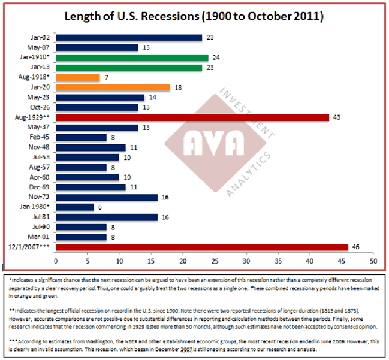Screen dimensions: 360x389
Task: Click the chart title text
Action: click(194, 16)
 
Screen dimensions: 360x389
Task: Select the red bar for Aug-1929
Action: click(192, 117)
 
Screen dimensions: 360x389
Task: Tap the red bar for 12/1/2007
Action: click(201, 247)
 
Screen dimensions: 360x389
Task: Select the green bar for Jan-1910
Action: click(132, 58)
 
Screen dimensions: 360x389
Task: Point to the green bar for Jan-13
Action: click(128, 68)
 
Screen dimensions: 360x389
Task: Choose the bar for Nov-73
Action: click(106, 197)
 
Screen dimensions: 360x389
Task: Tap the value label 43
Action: click(336, 117)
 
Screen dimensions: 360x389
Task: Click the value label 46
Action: click(355, 247)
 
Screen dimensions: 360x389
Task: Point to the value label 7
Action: click(105, 77)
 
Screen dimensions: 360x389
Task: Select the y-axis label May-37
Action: click(40, 127)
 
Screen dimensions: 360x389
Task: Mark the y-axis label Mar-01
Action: click(40, 237)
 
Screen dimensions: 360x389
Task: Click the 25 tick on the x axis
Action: click(214, 261)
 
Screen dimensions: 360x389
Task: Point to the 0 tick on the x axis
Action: click(55, 261)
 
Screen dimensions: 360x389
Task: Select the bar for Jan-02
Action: click(128, 37)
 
